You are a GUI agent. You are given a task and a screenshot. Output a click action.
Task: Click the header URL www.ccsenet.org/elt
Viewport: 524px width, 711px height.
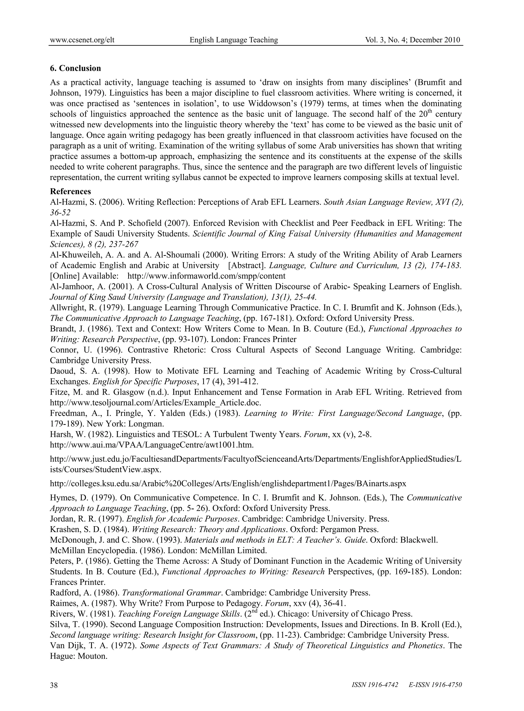[82, 40]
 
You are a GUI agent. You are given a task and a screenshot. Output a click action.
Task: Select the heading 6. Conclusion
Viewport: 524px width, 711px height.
[75, 68]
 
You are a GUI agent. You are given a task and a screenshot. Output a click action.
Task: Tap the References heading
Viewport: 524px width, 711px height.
[70, 191]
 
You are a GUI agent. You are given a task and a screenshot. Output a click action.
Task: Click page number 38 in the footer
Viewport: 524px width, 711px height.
[54, 684]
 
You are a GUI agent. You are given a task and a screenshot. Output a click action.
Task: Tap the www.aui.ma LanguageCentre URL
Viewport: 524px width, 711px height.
[152, 445]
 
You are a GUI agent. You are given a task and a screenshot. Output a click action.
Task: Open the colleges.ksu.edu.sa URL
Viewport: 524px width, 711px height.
[228, 483]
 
